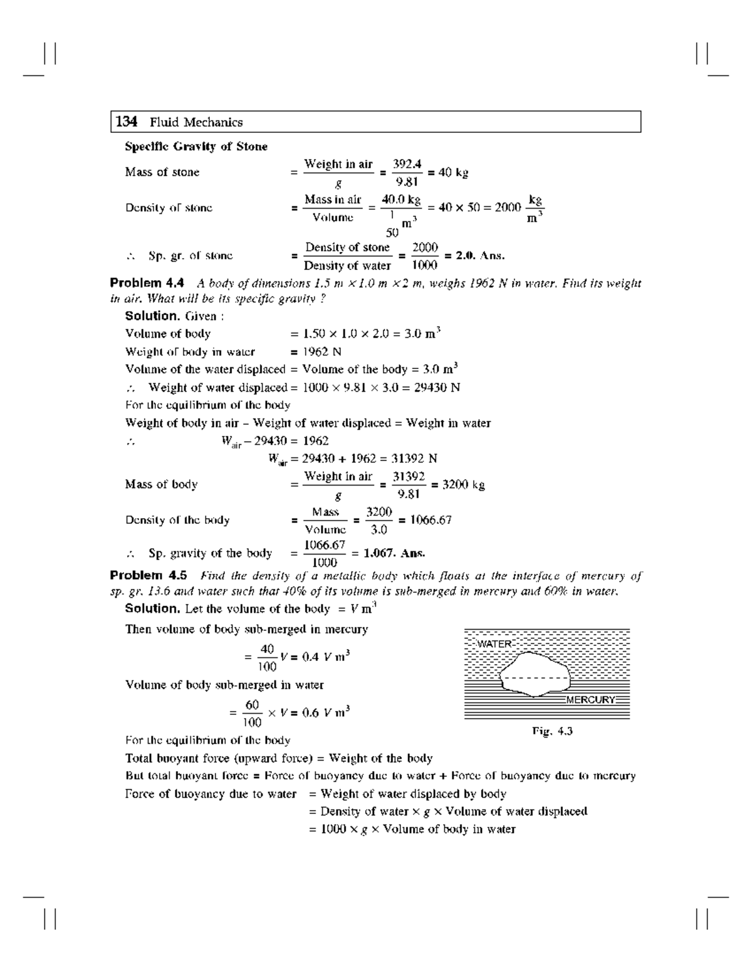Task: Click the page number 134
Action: click(127, 122)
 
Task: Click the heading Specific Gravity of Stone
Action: click(196, 147)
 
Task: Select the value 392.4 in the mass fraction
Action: click(407, 164)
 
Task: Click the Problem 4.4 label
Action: click(147, 283)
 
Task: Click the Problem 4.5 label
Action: click(148, 575)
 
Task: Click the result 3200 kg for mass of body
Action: click(464, 484)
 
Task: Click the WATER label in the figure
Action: click(494, 644)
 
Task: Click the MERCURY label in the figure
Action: click(590, 700)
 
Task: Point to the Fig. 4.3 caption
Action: click(552, 731)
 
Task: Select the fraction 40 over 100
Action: click(268, 657)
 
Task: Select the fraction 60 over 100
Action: click(252, 713)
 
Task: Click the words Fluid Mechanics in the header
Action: click(196, 122)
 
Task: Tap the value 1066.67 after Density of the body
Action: click(431, 520)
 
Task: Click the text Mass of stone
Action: click(162, 172)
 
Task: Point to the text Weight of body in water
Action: click(190, 352)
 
